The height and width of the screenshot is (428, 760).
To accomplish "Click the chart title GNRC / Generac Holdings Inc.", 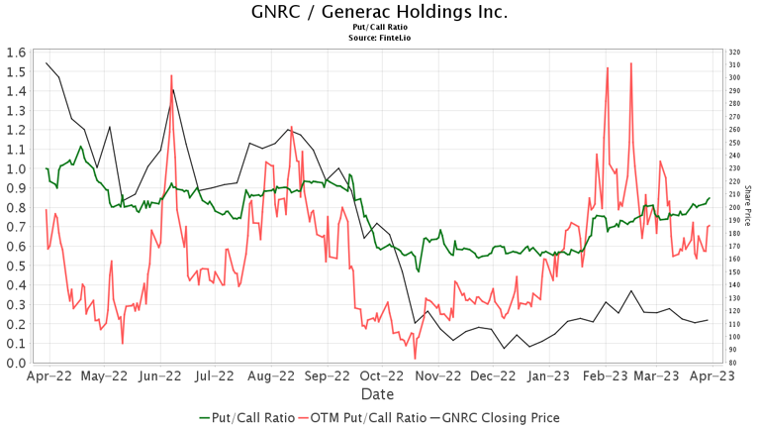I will [380, 12].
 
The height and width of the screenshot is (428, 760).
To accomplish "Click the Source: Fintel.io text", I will [380, 38].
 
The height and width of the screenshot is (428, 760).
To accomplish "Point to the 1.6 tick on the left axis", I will [15, 53].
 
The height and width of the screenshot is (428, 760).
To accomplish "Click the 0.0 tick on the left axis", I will [15, 363].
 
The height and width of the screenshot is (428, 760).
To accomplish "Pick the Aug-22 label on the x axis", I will [271, 376].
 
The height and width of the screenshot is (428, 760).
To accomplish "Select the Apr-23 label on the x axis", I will [711, 376].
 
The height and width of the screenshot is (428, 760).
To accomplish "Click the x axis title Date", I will [377, 394].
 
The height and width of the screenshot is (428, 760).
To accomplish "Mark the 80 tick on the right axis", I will [731, 363].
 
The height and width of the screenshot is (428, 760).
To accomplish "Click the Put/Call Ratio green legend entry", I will [246, 418].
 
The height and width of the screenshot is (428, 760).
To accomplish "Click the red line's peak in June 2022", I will [171, 75].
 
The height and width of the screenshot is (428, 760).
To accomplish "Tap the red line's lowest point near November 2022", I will [416, 358].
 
